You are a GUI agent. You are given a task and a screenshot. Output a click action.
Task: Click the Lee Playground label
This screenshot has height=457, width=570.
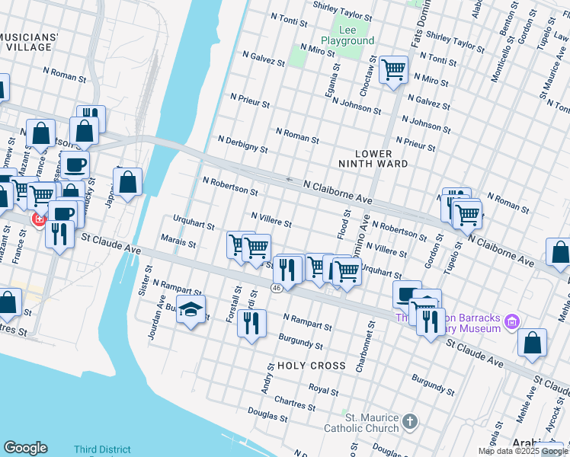[347, 34]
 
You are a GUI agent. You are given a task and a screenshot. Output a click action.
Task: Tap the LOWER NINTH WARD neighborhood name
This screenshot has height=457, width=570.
[373, 158]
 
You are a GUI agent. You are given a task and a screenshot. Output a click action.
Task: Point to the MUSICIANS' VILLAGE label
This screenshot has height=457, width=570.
[28, 42]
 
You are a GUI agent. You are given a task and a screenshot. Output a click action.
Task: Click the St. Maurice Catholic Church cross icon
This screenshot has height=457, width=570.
[410, 421]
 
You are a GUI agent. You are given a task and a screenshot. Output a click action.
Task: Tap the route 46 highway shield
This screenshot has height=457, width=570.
[276, 288]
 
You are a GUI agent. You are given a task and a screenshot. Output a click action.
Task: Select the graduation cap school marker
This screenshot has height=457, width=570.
[191, 309]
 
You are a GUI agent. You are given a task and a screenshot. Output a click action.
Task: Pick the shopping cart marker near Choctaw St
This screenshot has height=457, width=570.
[393, 71]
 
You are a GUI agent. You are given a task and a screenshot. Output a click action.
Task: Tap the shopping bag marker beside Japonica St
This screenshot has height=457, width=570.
[128, 182]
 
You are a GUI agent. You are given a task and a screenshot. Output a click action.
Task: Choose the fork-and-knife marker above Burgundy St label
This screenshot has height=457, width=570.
[251, 323]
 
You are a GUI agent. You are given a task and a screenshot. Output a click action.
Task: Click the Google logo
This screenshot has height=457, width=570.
[25, 448]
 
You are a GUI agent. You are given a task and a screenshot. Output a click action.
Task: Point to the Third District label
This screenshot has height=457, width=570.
[102, 450]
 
